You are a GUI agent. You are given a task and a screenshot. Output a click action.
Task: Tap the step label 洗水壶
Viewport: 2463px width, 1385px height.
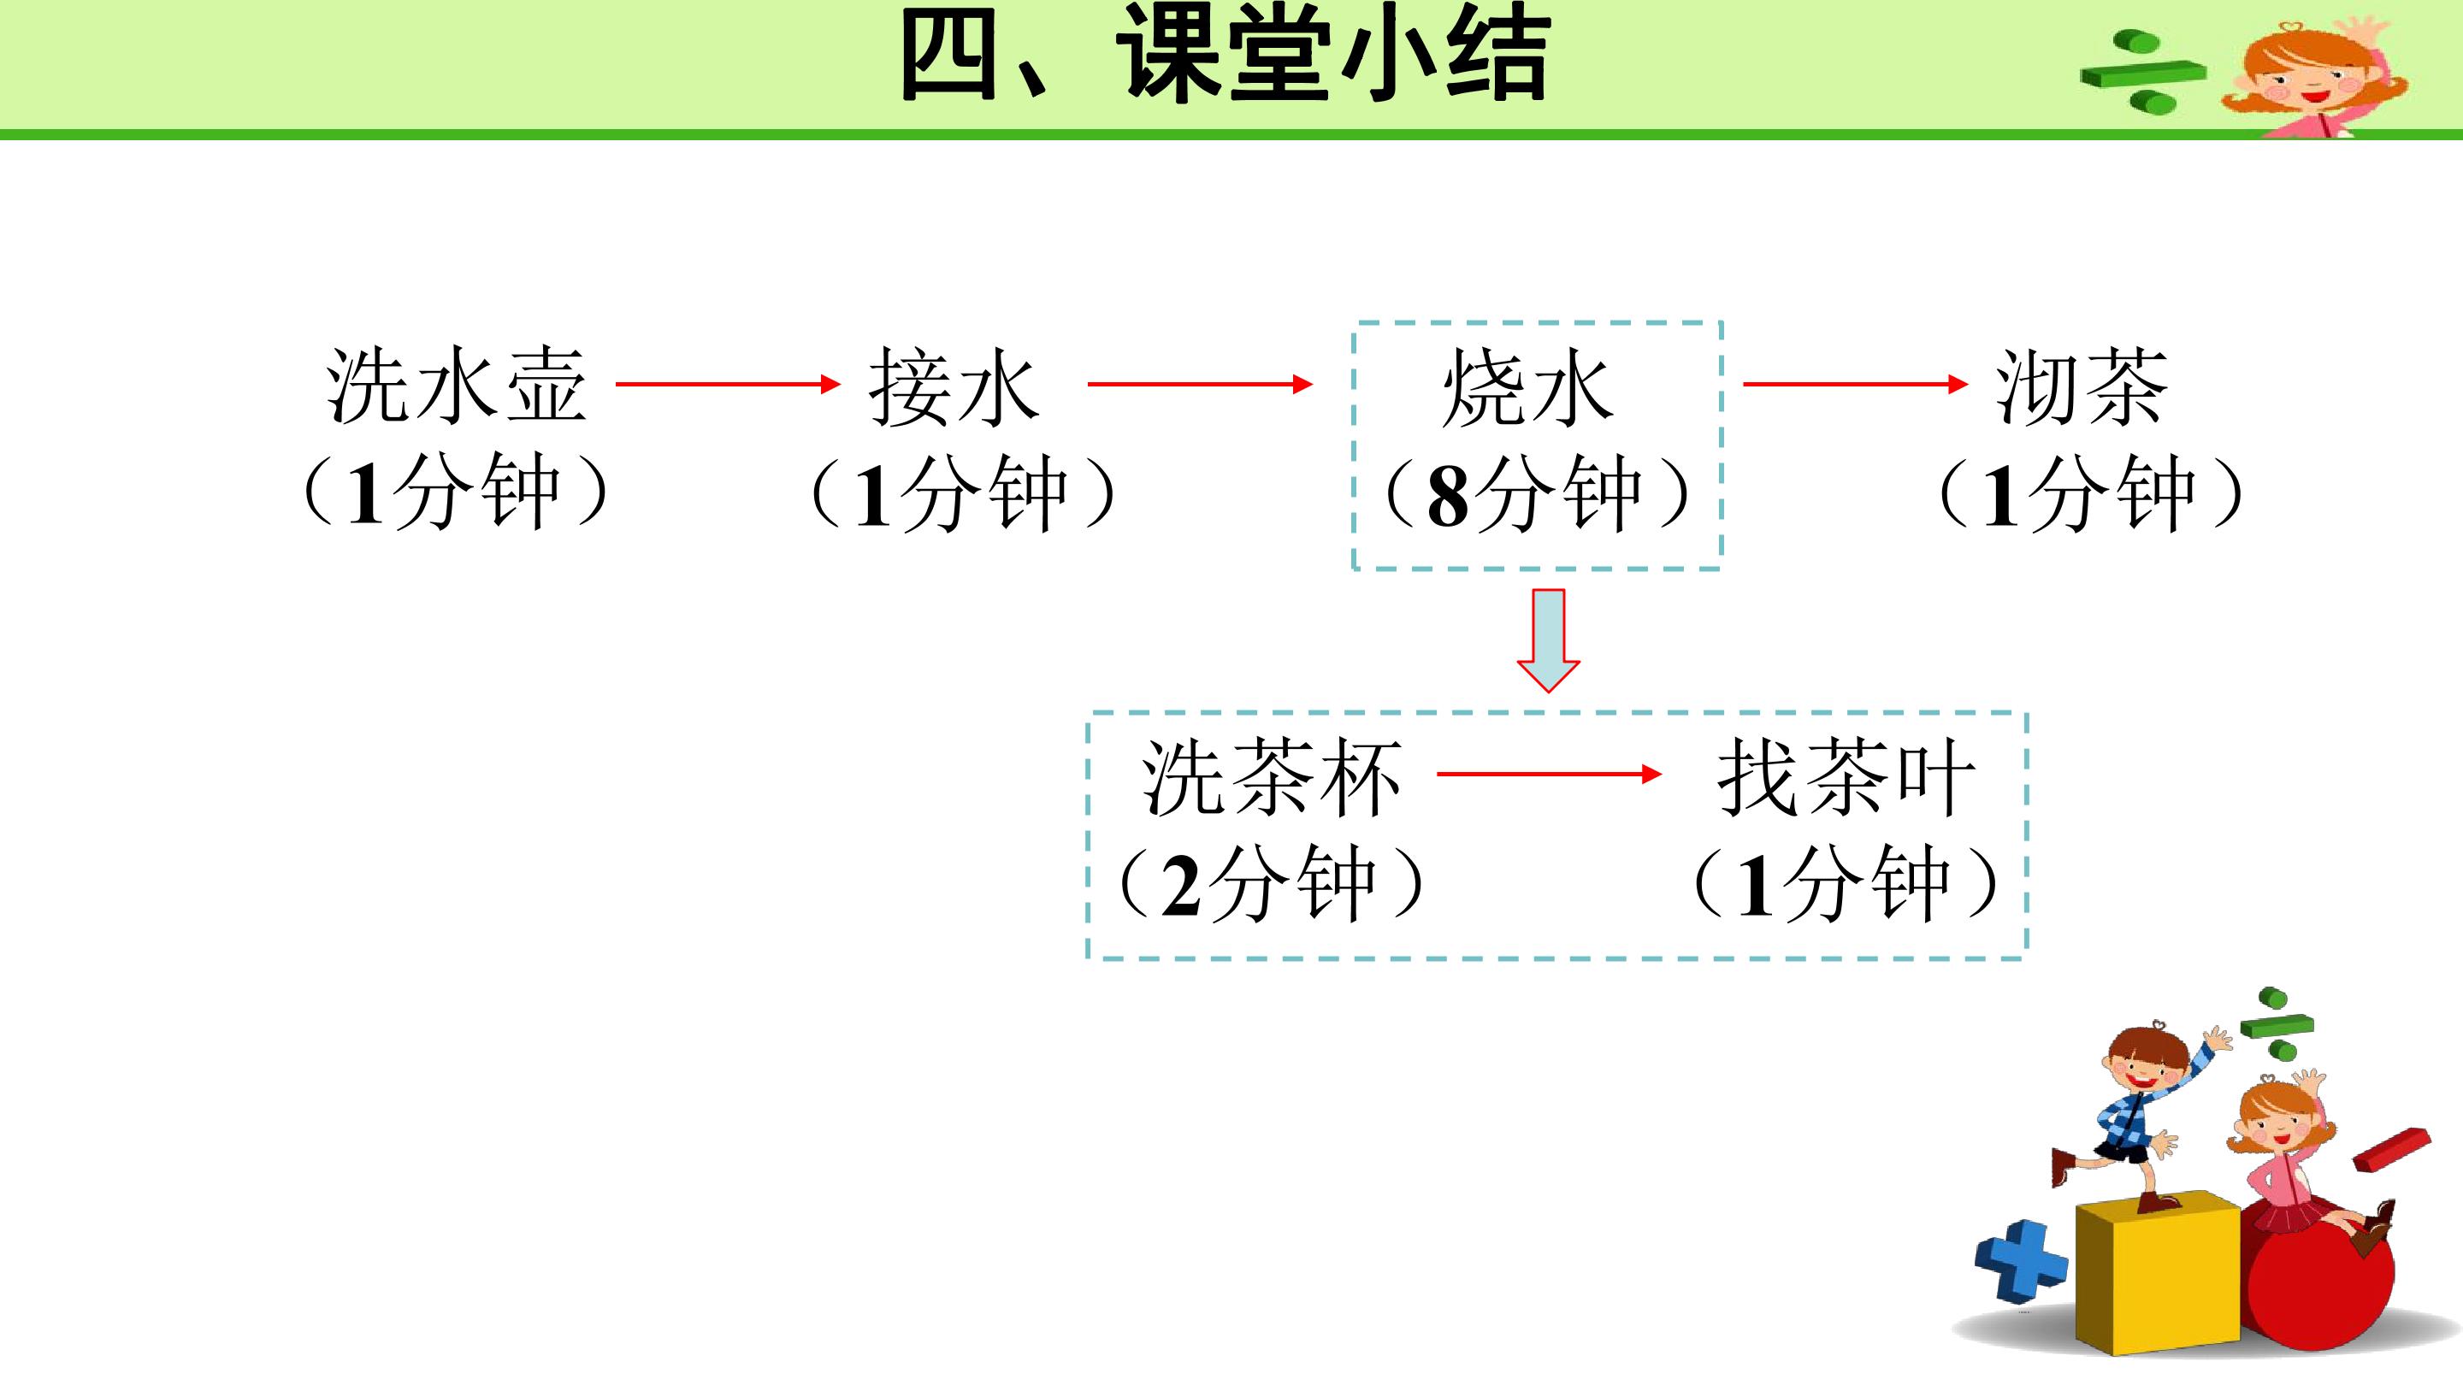pyautogui.click(x=456, y=386)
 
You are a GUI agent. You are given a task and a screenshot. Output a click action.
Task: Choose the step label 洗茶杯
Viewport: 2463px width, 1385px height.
pyautogui.click(x=1272, y=777)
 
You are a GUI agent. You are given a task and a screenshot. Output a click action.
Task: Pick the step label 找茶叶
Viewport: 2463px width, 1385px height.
pyautogui.click(x=1847, y=777)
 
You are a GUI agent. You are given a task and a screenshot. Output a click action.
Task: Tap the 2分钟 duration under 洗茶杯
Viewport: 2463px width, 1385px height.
pyautogui.click(x=1271, y=883)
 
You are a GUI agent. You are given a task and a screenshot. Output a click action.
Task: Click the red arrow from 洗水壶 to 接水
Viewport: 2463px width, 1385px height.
pyautogui.click(x=729, y=384)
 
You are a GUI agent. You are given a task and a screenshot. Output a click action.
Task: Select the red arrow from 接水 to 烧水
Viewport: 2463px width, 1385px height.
pyautogui.click(x=1201, y=384)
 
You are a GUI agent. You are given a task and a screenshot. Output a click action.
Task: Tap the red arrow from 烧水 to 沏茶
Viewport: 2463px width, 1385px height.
pyautogui.click(x=1856, y=384)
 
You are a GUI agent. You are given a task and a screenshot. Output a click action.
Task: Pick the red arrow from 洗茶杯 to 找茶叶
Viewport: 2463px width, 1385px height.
pyautogui.click(x=1550, y=775)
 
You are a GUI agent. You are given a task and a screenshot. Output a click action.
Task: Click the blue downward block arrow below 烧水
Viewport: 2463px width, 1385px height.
pyautogui.click(x=1549, y=640)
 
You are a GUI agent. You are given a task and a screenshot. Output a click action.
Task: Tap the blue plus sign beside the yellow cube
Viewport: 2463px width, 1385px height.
pyautogui.click(x=2021, y=1261)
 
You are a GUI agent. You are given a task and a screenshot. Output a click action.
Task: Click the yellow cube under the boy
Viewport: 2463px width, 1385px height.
pyautogui.click(x=2158, y=1273)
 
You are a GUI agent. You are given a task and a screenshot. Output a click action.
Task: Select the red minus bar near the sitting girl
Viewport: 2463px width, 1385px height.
pyautogui.click(x=2390, y=1150)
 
